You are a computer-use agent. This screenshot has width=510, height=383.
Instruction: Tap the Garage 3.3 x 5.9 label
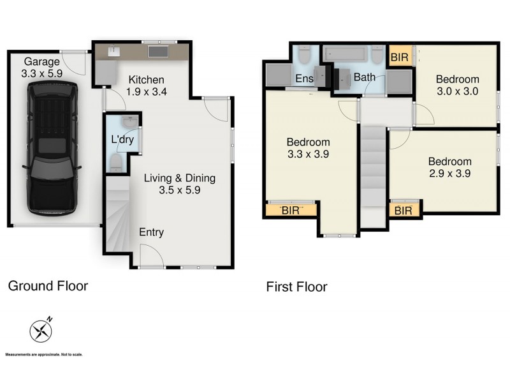tap(42, 68)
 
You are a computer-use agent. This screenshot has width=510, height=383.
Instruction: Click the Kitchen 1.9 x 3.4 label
tap(147, 86)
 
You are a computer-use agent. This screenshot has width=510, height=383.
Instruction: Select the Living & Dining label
tap(179, 184)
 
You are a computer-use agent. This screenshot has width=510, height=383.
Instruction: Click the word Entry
tap(151, 232)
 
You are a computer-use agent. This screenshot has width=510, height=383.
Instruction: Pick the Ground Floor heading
tap(48, 286)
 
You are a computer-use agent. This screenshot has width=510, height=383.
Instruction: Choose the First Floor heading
tap(296, 287)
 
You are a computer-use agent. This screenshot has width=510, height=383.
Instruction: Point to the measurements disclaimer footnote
tap(44, 354)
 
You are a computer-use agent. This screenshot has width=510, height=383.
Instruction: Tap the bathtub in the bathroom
tap(347, 54)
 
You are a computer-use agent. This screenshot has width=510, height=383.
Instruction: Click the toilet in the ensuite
tap(303, 55)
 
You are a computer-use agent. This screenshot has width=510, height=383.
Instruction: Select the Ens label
tap(303, 78)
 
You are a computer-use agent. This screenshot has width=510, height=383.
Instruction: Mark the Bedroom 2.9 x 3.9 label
tap(449, 167)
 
